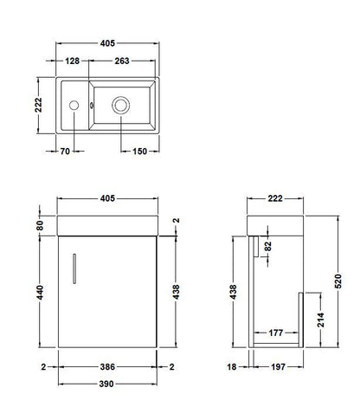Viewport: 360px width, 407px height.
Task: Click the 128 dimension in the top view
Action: point(74,61)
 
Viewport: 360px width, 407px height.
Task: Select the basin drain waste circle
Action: point(120,106)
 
